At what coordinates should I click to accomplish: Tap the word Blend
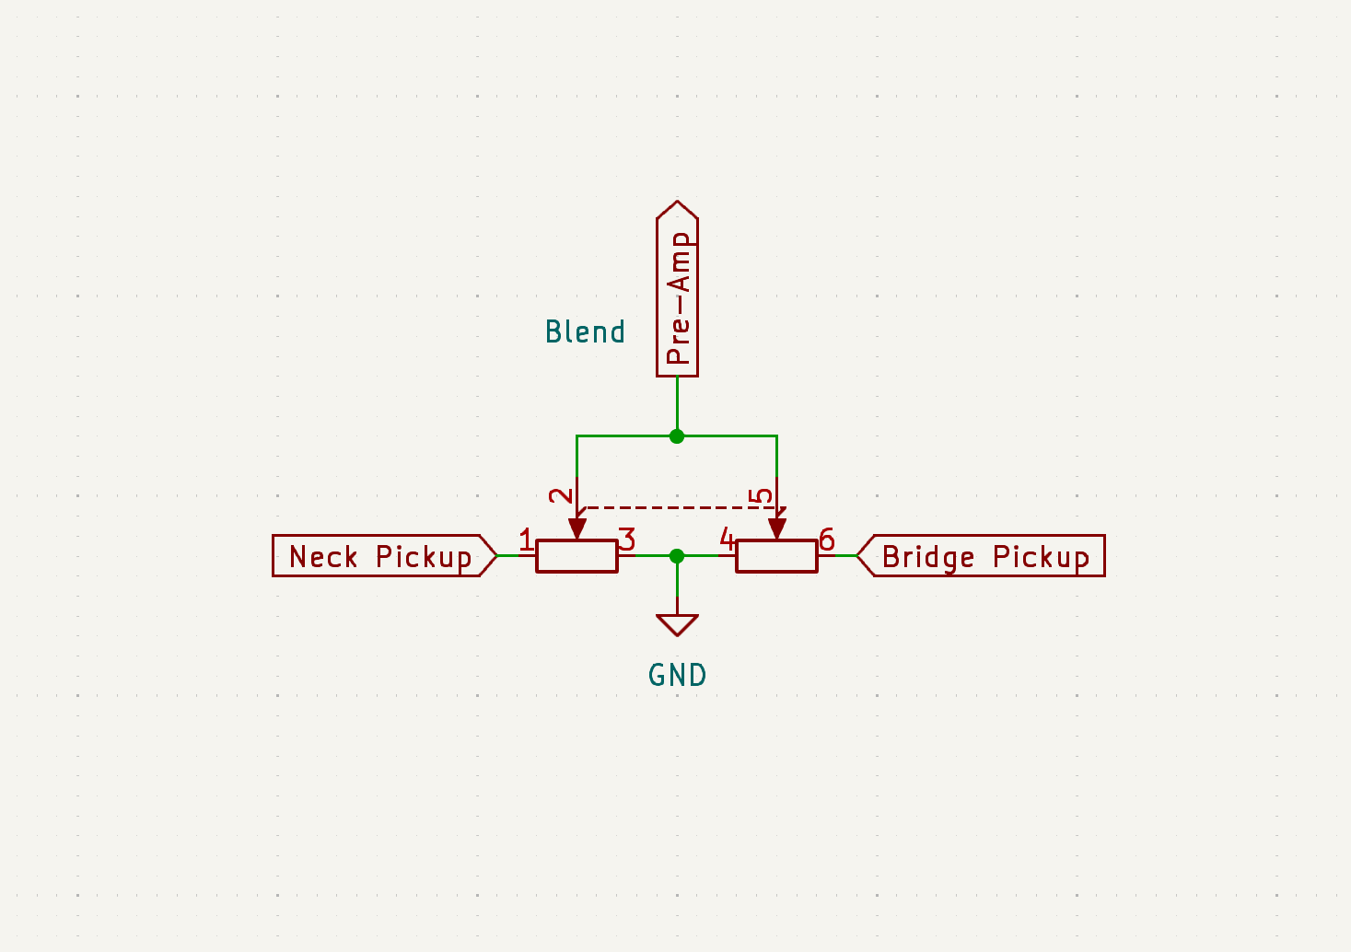click(x=585, y=331)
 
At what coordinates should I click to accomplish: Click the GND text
click(x=677, y=675)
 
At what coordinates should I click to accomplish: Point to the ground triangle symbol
click(x=677, y=625)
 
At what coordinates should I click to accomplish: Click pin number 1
click(x=526, y=539)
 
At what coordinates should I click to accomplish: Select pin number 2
click(x=561, y=496)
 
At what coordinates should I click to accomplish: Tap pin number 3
click(x=627, y=539)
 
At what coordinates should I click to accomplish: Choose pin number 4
click(x=727, y=539)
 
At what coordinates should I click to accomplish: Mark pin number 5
click(x=761, y=496)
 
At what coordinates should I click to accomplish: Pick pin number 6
click(x=827, y=539)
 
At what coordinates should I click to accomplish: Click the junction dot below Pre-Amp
click(x=677, y=435)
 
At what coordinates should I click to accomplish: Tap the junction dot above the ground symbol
click(x=677, y=556)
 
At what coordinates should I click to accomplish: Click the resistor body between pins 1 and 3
click(x=577, y=556)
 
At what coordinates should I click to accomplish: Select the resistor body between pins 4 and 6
click(x=777, y=556)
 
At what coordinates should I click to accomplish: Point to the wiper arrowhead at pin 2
click(x=577, y=528)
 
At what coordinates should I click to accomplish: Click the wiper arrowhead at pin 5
click(x=777, y=528)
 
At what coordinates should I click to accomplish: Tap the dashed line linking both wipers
click(x=681, y=507)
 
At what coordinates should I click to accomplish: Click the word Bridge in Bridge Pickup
click(x=927, y=558)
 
